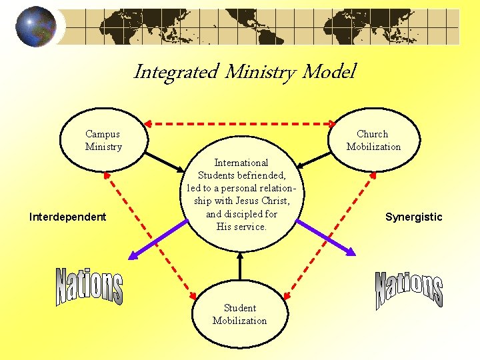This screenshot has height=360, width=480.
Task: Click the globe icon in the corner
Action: click(36, 26)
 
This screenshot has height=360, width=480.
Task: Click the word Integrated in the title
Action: click(175, 72)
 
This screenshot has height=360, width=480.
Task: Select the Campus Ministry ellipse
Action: click(103, 141)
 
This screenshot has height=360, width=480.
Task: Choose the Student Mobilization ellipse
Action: click(239, 314)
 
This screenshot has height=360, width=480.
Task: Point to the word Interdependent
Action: click(68, 217)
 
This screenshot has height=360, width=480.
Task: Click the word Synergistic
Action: click(413, 217)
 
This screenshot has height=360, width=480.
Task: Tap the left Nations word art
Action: click(89, 287)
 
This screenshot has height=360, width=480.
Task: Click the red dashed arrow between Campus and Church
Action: click(240, 123)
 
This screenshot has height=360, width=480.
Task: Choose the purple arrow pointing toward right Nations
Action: click(325, 237)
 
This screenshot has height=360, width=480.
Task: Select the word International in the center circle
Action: click(241, 163)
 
